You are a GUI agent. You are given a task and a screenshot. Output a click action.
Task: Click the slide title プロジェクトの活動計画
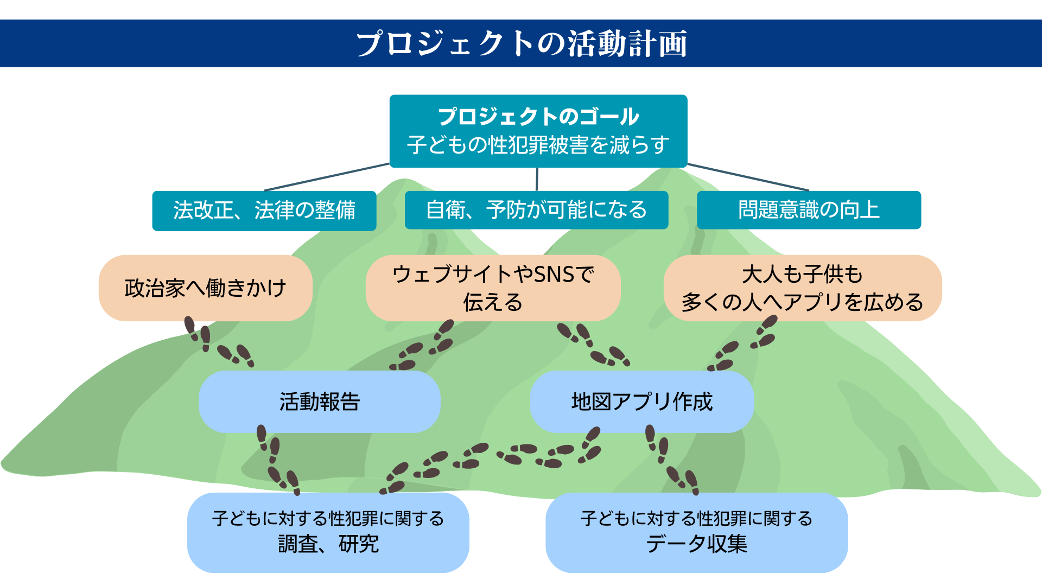(x=521, y=43)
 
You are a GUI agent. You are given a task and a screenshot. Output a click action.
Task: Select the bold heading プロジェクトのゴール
(x=538, y=117)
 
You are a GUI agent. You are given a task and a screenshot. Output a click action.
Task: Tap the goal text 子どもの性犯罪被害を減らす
(x=538, y=145)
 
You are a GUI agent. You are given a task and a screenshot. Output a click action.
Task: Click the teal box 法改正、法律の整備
(x=264, y=211)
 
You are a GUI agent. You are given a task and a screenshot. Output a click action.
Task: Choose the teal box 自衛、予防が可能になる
(x=536, y=210)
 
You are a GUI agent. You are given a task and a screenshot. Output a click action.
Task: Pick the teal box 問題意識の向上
(x=809, y=210)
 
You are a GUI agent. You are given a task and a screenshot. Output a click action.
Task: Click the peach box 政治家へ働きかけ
(x=205, y=288)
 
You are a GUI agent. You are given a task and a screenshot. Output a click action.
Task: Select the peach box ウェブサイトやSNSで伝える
(x=493, y=288)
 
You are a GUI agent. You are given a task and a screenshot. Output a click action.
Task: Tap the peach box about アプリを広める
(x=802, y=288)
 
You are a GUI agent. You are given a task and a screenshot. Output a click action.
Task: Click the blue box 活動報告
(x=319, y=402)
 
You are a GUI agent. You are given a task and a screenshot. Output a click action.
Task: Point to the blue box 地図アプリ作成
(x=641, y=402)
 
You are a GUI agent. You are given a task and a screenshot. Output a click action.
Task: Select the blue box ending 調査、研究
(x=328, y=532)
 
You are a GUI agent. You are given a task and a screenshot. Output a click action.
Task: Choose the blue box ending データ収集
(x=696, y=532)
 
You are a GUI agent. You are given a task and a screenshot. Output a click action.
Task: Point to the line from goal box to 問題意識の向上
(x=748, y=177)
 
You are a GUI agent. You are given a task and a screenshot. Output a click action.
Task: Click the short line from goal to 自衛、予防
(x=537, y=179)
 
